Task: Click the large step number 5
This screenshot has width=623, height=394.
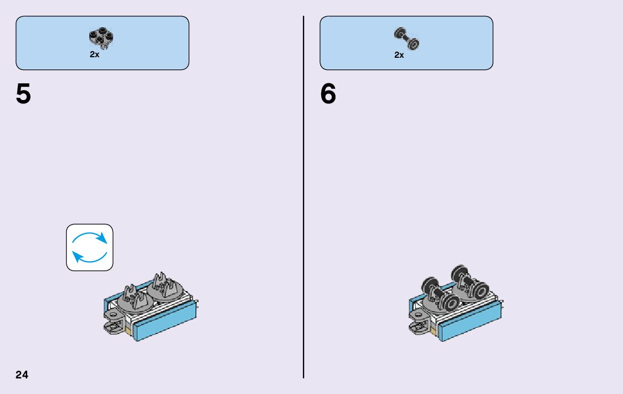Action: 23,94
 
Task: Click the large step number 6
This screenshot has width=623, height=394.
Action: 328,94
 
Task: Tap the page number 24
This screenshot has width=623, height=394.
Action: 22,375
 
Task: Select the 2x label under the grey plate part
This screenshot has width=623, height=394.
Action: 94,55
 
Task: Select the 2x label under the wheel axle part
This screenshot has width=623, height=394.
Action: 399,55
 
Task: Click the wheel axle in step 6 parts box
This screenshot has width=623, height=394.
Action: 407,38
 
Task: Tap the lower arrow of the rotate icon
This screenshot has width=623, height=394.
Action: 89,256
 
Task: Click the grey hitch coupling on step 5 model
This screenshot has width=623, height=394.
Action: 114,322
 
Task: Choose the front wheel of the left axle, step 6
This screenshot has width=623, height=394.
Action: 449,303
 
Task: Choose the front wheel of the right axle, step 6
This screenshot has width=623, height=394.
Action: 479,291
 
